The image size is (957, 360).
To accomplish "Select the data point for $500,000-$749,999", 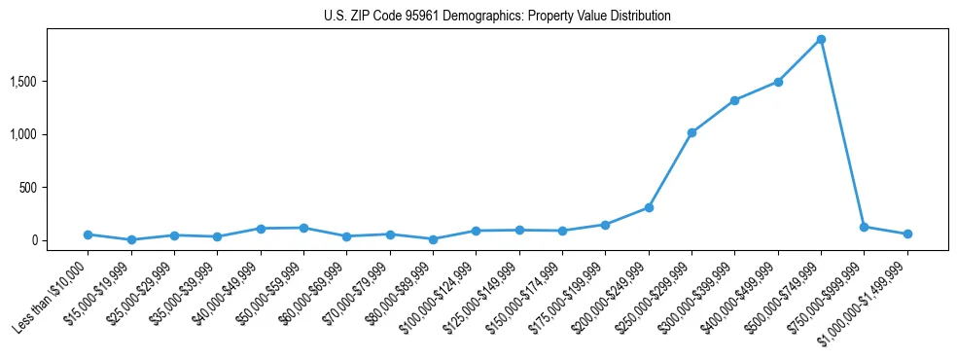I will click(x=821, y=39).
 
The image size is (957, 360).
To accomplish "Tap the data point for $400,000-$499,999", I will click(x=778, y=82).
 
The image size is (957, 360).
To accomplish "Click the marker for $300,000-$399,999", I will click(x=734, y=100).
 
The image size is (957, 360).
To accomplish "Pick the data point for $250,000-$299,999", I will click(x=691, y=132).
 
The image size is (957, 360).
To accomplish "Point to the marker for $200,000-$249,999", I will click(x=649, y=207).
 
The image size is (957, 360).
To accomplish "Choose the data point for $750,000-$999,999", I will click(x=864, y=227).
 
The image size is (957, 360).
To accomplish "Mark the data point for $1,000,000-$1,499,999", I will click(x=907, y=234).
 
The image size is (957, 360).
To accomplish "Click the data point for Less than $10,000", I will click(x=88, y=234).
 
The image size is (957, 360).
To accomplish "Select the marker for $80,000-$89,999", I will click(x=433, y=238).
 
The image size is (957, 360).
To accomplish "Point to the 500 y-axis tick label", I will click(x=54, y=187).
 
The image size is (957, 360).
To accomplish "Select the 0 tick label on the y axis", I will click(x=60, y=240).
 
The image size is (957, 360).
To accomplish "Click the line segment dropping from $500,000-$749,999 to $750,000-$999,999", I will click(x=842, y=133).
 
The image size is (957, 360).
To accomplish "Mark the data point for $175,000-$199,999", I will click(x=605, y=225).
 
